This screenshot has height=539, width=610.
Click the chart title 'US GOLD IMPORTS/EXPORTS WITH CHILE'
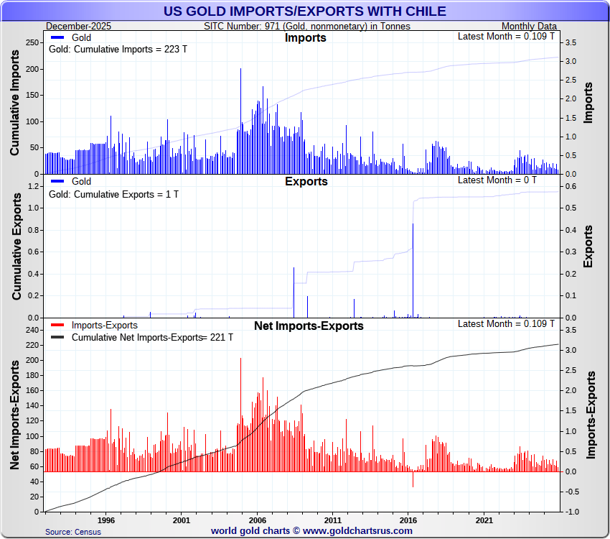(x=304, y=11)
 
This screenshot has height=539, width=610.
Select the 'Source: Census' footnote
(x=73, y=532)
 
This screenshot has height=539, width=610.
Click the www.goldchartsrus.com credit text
(x=311, y=530)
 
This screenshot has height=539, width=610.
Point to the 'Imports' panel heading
(x=305, y=38)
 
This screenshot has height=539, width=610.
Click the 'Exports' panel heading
(x=306, y=182)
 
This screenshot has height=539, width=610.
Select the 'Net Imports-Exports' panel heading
(x=309, y=326)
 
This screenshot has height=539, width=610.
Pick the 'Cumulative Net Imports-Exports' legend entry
(x=136, y=337)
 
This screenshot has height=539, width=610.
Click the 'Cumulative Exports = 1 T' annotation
(x=113, y=194)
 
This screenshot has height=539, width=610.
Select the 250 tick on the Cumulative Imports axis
(x=32, y=43)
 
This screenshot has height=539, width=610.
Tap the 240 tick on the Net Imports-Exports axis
(x=32, y=330)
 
